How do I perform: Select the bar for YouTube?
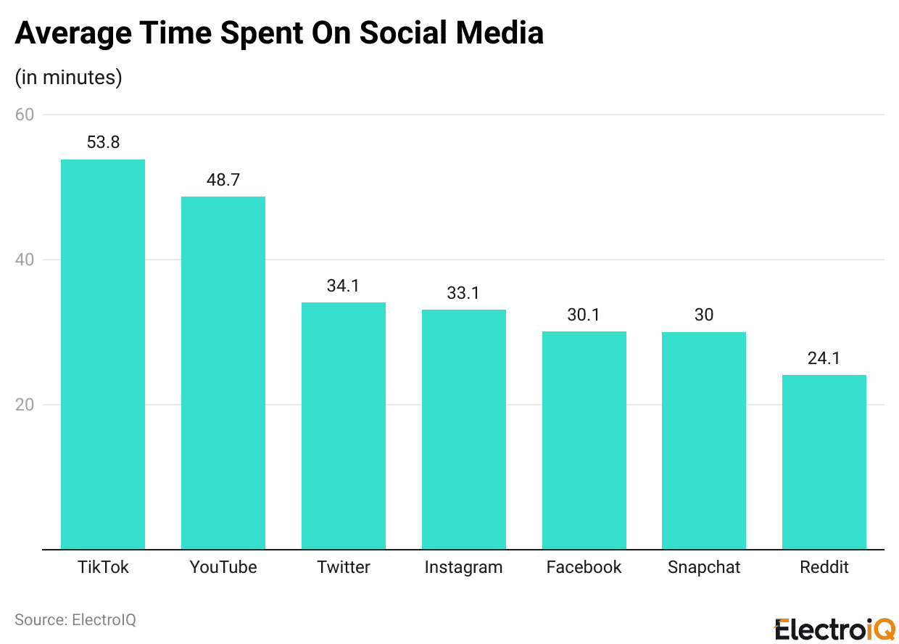223,373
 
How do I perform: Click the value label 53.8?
103,143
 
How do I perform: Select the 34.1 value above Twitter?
343,286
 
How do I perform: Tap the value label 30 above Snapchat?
703,315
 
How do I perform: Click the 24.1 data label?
824,358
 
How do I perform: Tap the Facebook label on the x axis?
584,567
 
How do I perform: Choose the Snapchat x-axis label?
703,567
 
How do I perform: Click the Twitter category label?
343,567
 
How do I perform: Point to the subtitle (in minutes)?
68,78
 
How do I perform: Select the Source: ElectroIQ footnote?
75,620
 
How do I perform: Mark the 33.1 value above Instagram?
463,293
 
